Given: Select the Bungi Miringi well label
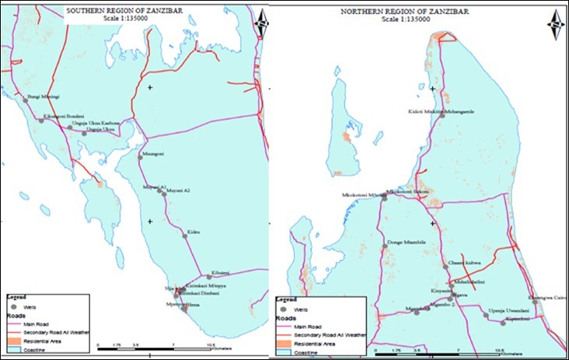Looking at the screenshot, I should pos(44,97).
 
